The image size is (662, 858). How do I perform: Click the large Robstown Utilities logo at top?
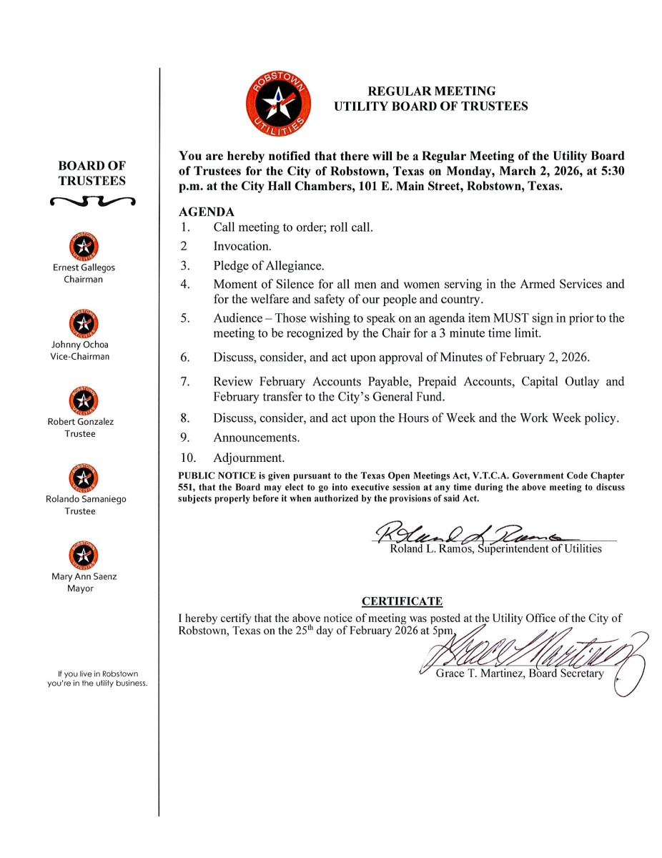coord(279,107)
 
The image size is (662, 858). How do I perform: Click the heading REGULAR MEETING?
coord(431,91)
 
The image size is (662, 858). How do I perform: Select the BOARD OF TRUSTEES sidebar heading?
coord(92,173)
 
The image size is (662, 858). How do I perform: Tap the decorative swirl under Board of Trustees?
coord(92,202)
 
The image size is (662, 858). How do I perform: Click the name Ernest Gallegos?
coord(83,267)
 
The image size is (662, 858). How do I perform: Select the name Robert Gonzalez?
coord(81,421)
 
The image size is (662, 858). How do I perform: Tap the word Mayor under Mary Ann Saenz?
coord(80,588)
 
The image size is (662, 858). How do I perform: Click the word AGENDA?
coord(206,212)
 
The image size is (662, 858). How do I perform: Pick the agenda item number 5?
coord(184,318)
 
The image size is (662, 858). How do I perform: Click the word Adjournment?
coord(249,458)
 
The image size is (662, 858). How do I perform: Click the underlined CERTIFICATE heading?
coord(402,601)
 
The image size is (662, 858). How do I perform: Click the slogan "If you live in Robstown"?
coord(98,674)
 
